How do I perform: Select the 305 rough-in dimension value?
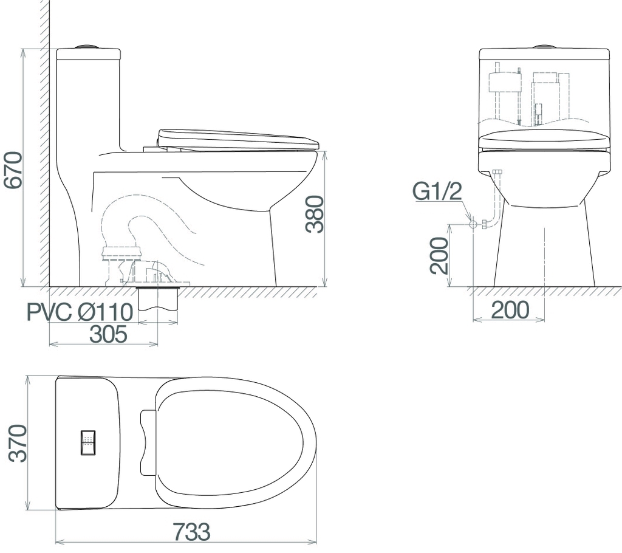[108, 334]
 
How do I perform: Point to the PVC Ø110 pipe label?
[80, 312]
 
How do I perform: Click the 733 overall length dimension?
[191, 532]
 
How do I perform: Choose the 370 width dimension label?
[18, 443]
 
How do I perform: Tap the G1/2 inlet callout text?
[437, 192]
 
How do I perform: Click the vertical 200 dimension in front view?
[439, 256]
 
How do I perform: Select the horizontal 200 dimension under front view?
[510, 310]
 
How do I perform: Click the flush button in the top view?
[88, 442]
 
